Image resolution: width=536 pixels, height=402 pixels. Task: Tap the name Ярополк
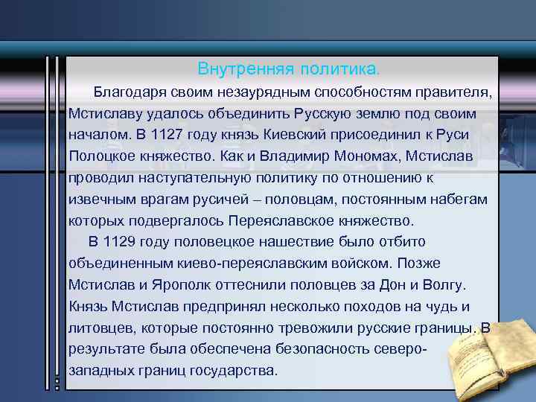(x=185, y=284)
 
